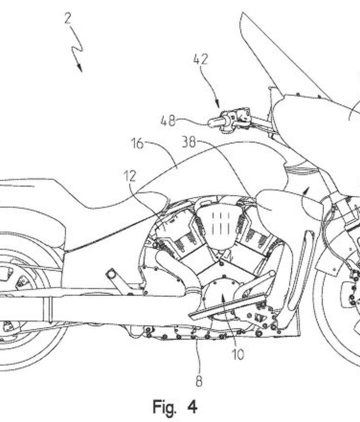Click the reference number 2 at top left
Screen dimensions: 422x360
pos(68,19)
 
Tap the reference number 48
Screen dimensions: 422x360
pos(168,120)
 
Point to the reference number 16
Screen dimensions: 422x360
pos(137,144)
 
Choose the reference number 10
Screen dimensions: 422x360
pos(237,355)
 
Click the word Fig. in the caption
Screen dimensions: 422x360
pos(165,407)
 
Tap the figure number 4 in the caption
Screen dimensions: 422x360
pos(192,407)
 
